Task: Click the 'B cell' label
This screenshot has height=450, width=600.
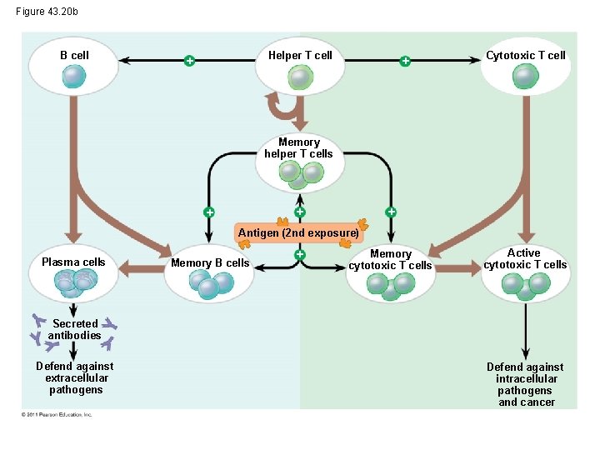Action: point(74,55)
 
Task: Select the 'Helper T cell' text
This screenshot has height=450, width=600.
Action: point(299,55)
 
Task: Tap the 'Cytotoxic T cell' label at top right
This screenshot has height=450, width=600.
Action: point(525,55)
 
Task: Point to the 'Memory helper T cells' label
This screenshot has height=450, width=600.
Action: point(298,147)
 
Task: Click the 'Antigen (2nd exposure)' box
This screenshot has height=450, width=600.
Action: point(298,232)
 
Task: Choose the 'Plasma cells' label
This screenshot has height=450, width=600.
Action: point(73,262)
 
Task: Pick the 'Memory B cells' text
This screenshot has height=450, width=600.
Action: point(210,262)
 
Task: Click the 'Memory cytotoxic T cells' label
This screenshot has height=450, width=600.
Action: point(390,259)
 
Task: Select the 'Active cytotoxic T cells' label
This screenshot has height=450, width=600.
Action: point(524,258)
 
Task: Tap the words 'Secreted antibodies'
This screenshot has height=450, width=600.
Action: point(74,329)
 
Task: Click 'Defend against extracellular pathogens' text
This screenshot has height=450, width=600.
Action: point(75,377)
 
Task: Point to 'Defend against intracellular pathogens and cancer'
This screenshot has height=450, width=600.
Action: point(525,384)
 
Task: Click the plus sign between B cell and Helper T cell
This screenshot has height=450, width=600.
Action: point(190,61)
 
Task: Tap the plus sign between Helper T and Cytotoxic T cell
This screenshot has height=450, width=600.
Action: point(404,61)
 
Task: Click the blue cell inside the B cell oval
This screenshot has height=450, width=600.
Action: point(73,77)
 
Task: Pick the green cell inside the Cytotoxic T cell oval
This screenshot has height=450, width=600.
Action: point(525,77)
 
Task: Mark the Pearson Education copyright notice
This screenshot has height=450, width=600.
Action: point(57,414)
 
